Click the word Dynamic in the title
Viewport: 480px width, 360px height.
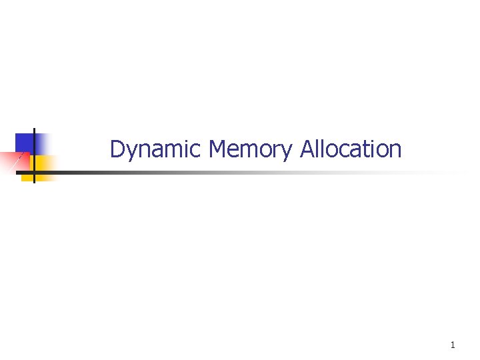point(157,149)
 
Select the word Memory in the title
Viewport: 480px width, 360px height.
point(250,149)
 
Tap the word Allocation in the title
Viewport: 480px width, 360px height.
point(351,149)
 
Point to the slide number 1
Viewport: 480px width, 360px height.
point(453,345)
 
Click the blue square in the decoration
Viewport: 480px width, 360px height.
point(25,142)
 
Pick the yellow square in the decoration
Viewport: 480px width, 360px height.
point(44,165)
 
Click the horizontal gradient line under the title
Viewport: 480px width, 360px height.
point(200,173)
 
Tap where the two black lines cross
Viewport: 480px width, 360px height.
point(34,173)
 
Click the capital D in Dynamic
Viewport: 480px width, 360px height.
point(117,149)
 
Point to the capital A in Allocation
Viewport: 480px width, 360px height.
point(307,149)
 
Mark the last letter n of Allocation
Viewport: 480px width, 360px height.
point(396,151)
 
